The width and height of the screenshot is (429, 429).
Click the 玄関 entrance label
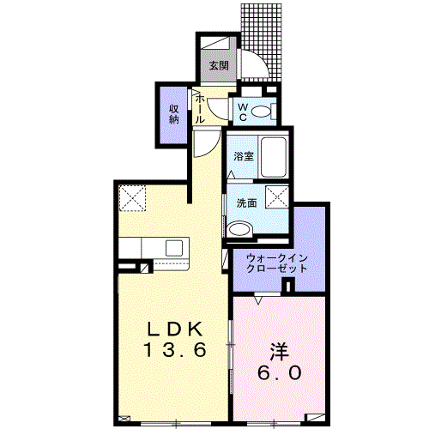tap(218, 65)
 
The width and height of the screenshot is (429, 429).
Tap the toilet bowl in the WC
tap(263, 111)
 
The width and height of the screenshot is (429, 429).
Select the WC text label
tap(242, 111)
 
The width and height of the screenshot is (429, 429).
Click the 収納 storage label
tap(173, 113)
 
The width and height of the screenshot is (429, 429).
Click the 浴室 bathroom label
tap(244, 157)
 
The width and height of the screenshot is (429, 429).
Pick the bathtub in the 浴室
tap(275, 156)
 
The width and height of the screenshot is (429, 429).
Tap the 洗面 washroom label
tap(246, 203)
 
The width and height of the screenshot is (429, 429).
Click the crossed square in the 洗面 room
tap(277, 196)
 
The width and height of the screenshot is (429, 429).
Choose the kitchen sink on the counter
tap(175, 247)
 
